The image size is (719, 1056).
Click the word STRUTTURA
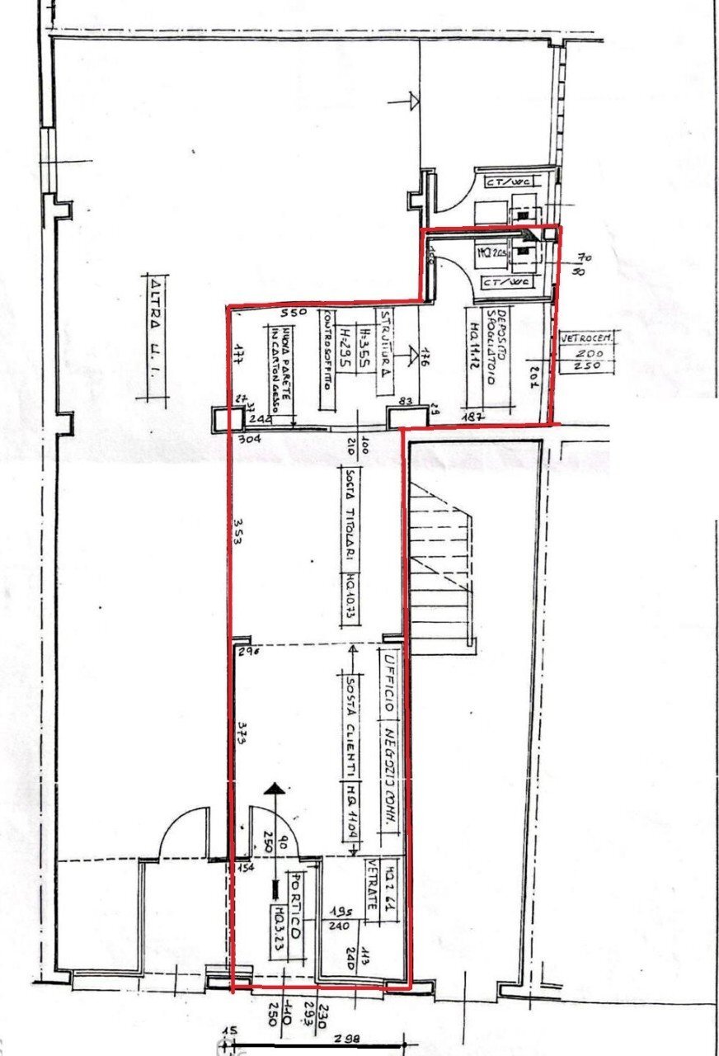[x=384, y=342]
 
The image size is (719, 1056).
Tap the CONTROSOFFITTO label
[x=327, y=355]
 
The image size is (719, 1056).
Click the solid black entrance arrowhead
[x=274, y=790]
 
